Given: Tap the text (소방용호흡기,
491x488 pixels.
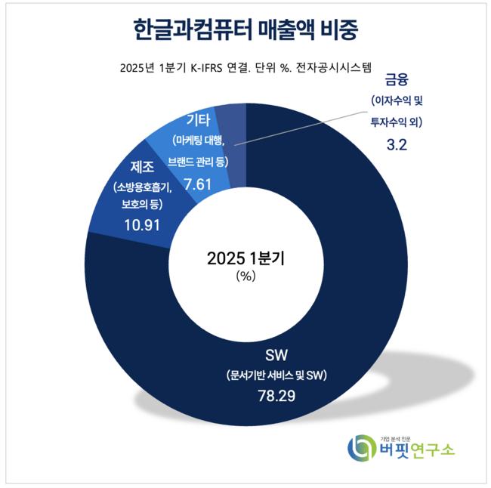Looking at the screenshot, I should [x=142, y=187].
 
